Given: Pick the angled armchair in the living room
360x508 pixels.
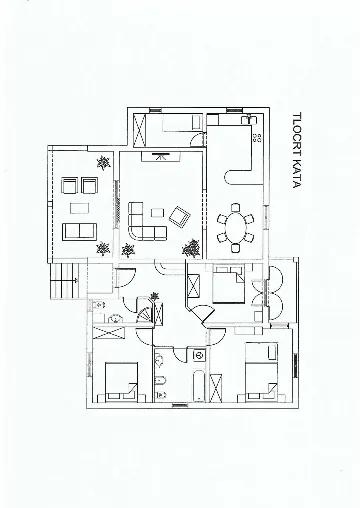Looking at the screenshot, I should coord(179,217).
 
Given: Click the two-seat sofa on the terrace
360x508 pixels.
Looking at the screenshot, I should coord(77,232).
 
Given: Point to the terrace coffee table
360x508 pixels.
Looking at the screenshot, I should coord(79,209).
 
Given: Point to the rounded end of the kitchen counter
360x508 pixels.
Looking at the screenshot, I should coord(231,178).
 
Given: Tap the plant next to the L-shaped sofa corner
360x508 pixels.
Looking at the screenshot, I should coord(128,247).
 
